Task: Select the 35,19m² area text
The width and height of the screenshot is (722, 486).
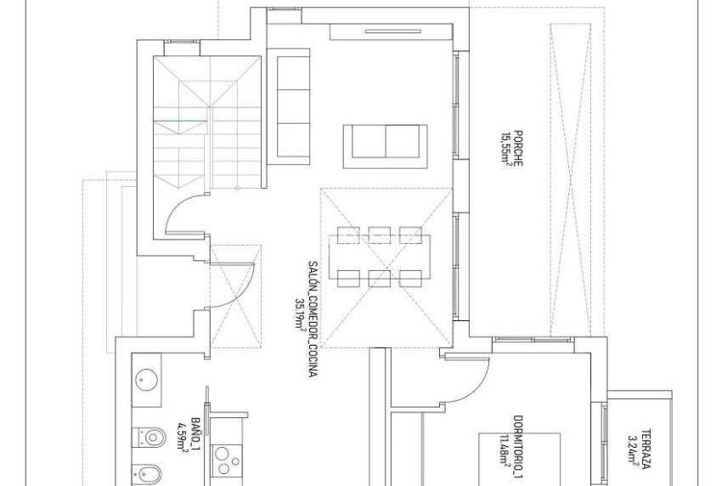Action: click(x=298, y=317)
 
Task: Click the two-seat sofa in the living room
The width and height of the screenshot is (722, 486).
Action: click(x=385, y=140)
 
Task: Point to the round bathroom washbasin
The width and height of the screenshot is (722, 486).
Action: click(x=146, y=381)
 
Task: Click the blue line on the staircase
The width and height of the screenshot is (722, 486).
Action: click(x=180, y=122)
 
